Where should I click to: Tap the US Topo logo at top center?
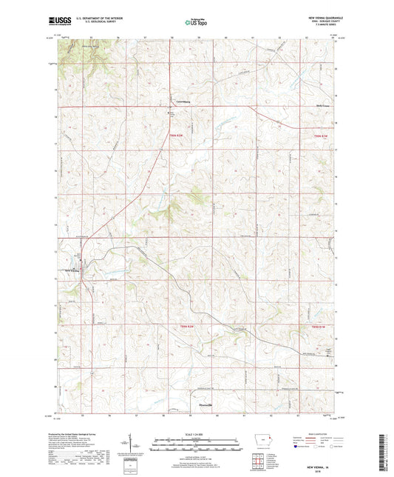pos(195,22)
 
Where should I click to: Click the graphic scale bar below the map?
pos(197,446)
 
